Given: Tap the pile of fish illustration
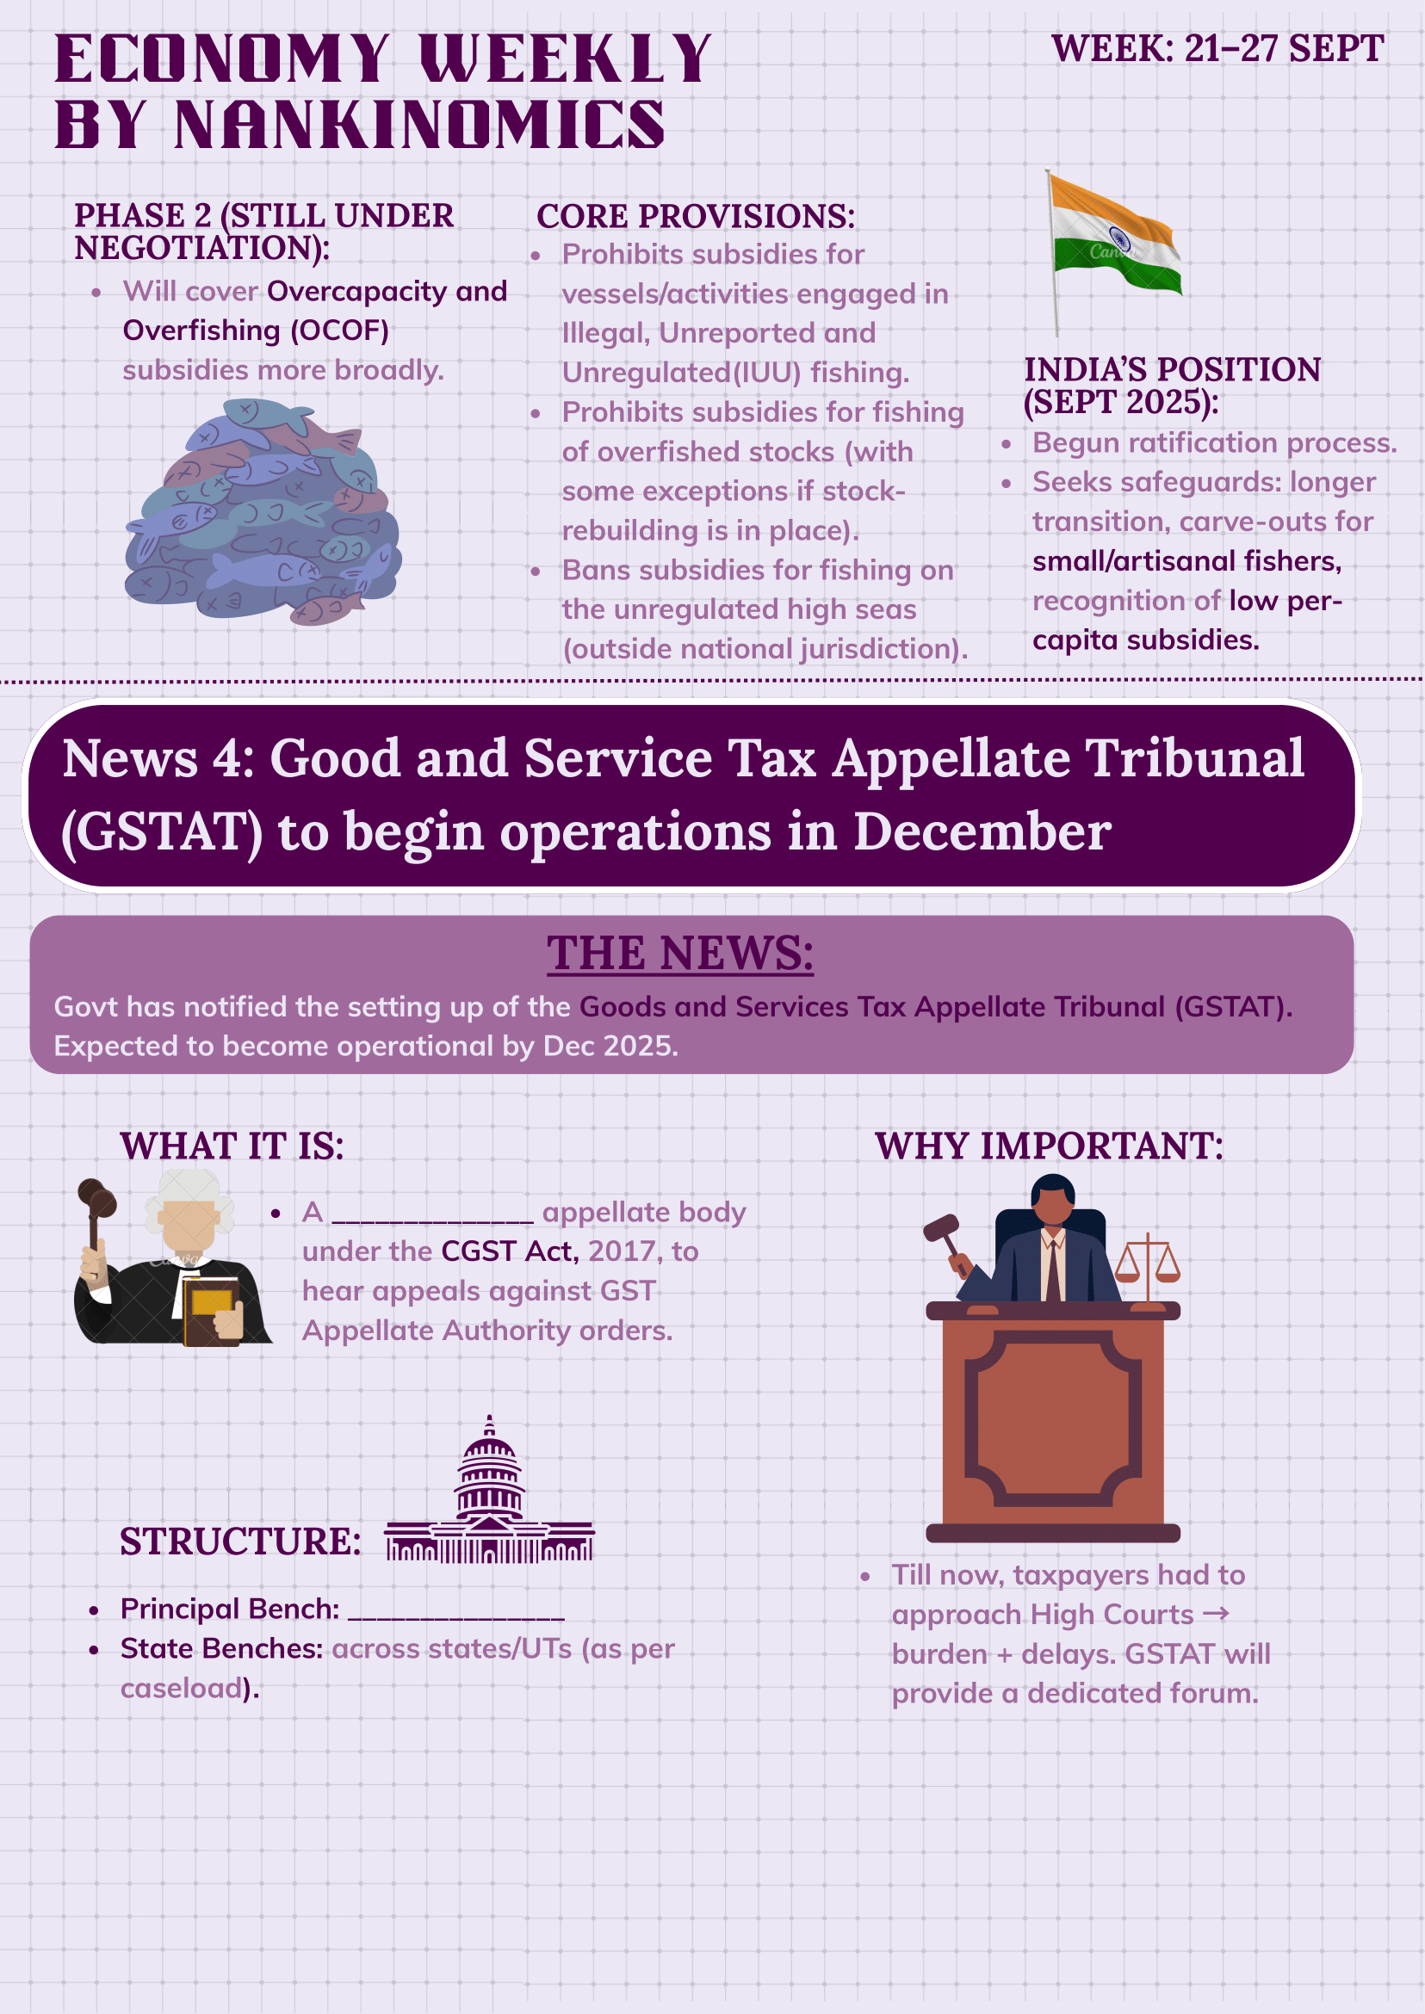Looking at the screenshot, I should pyautogui.click(x=263, y=513).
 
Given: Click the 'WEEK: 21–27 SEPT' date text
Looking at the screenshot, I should pyautogui.click(x=1217, y=49).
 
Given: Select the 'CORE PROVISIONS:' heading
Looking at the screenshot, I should pyautogui.click(x=695, y=217).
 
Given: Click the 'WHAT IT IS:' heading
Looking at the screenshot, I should pyautogui.click(x=232, y=1146).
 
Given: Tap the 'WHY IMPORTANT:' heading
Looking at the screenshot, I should pyautogui.click(x=1049, y=1146).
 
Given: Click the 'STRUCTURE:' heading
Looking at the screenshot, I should pyautogui.click(x=240, y=1541).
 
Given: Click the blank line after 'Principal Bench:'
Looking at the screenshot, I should pyautogui.click(x=456, y=1610).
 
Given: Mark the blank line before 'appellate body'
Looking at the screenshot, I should pyautogui.click(x=432, y=1216).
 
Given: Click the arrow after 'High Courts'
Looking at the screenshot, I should pyautogui.click(x=1216, y=1614).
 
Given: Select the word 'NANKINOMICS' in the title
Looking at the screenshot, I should pyautogui.click(x=419, y=125).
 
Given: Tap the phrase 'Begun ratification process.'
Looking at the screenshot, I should pyautogui.click(x=1214, y=443).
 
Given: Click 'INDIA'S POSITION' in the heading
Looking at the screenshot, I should pyautogui.click(x=1173, y=369).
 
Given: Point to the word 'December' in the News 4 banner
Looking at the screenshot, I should pyautogui.click(x=982, y=831).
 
